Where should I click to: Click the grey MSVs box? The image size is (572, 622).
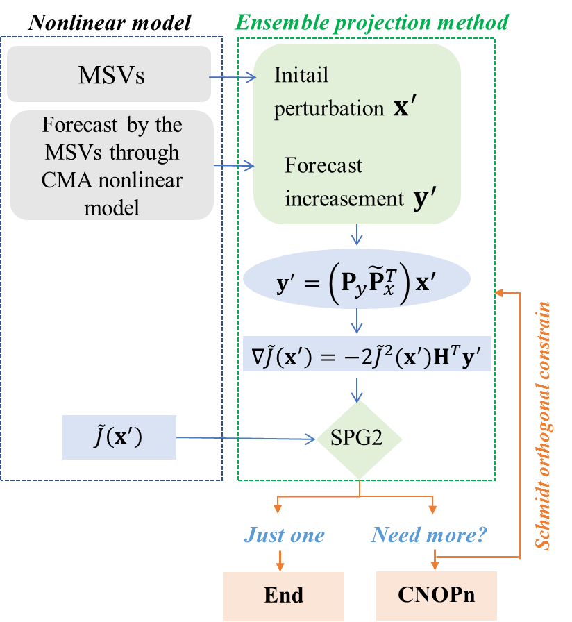109,74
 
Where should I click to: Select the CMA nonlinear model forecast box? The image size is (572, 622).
111,165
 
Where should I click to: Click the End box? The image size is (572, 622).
283,596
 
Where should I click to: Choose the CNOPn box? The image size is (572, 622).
437,596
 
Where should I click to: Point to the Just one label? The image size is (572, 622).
284,535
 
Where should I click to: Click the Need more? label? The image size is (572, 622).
429,535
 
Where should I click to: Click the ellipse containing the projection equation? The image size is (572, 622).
357,281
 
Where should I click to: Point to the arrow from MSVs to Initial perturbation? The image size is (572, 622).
233,78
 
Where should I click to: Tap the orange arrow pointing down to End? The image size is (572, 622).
280,557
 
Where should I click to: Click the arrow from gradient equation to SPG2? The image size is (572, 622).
357,389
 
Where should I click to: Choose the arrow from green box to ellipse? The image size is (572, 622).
357,235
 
